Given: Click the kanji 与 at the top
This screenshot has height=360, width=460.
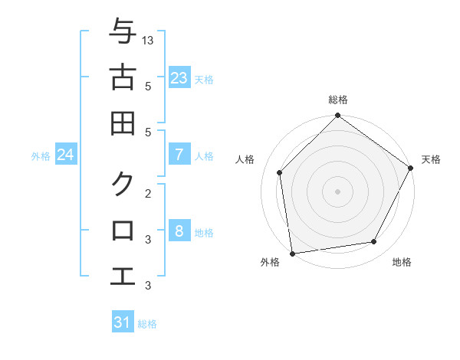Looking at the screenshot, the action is click(123, 32).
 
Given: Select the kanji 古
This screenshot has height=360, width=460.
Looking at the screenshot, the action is click(123, 77).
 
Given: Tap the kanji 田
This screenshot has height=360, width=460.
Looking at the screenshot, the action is click(123, 123).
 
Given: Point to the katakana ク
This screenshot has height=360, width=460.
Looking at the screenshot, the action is click(123, 185).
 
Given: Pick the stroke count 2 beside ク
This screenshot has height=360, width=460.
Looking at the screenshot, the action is click(148, 194).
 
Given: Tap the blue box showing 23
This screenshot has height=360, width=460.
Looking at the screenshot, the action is click(179, 78).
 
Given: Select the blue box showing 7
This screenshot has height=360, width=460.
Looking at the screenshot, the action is click(179, 155).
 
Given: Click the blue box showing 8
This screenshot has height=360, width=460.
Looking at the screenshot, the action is click(179, 231).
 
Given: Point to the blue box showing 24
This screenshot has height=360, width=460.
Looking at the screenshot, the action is click(65, 155).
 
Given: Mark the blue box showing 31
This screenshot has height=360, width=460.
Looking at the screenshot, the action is click(123, 322).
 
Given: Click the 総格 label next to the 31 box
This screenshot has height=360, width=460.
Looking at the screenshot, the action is click(147, 324).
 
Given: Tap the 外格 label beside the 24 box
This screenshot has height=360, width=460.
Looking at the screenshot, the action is click(41, 156).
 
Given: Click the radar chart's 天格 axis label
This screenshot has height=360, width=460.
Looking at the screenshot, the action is click(431, 159).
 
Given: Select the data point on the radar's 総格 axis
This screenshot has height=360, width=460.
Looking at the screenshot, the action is click(338, 116).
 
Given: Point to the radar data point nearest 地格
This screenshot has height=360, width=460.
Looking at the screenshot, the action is click(374, 242).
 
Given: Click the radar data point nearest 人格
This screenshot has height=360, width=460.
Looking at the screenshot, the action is click(280, 172).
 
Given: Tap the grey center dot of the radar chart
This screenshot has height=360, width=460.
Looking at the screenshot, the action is click(338, 191).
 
